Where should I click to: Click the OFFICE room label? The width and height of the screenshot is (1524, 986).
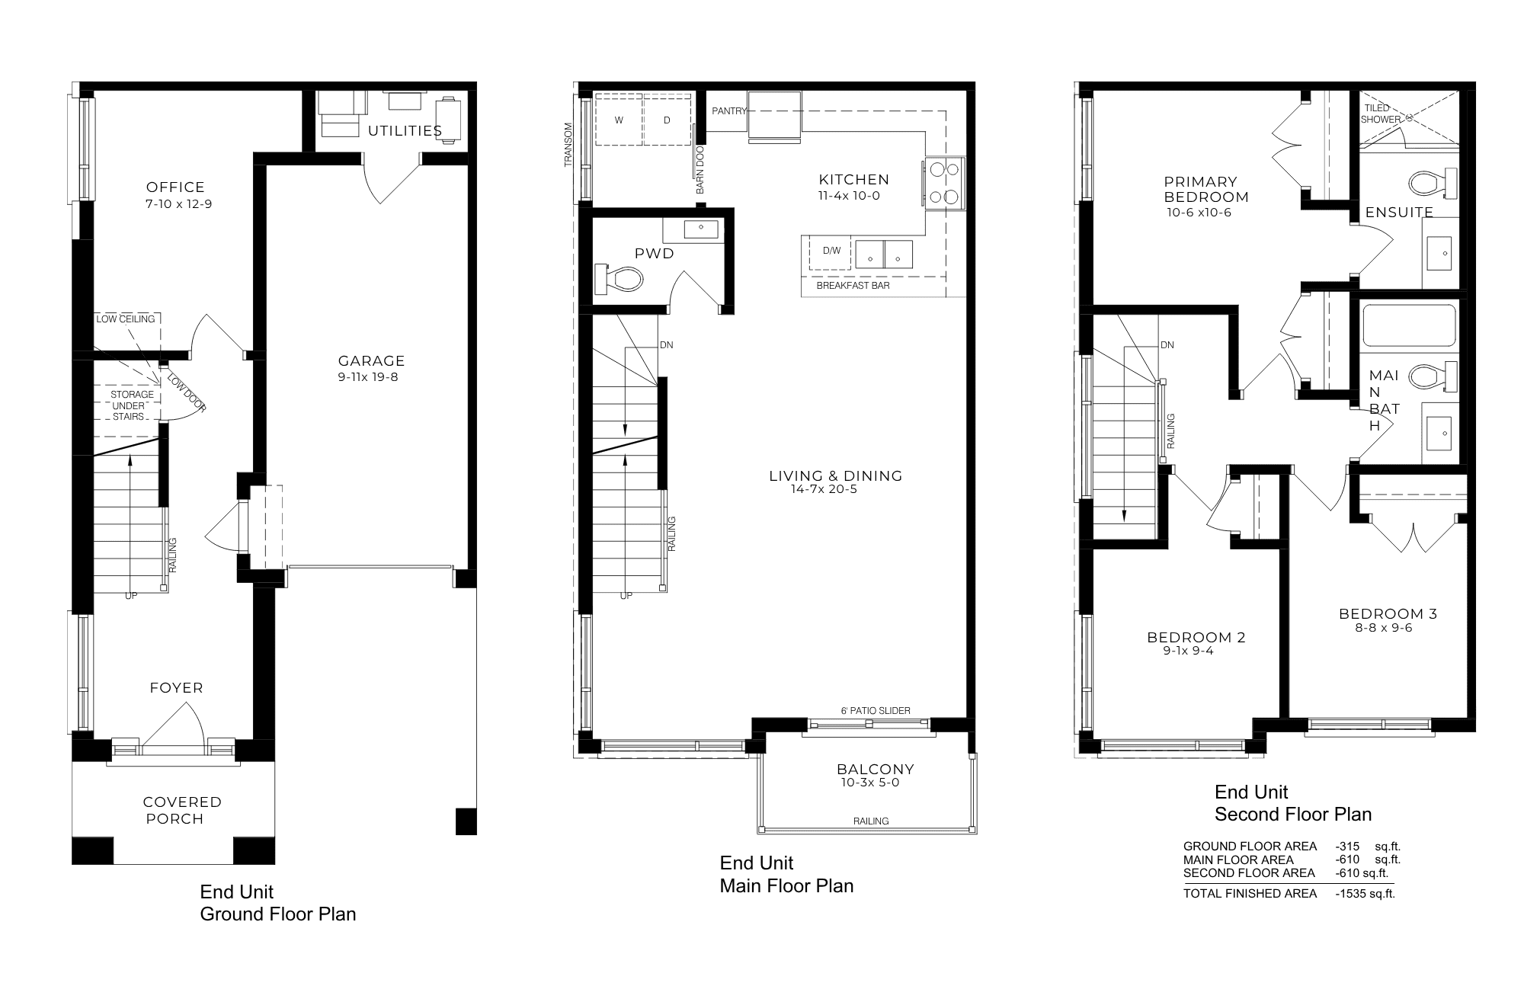pyautogui.click(x=175, y=187)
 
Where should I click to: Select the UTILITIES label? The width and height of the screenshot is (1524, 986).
pyautogui.click(x=405, y=130)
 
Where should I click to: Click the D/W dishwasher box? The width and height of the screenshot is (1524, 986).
pyautogui.click(x=830, y=251)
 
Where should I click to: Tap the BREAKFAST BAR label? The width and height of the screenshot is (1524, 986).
pyautogui.click(x=853, y=286)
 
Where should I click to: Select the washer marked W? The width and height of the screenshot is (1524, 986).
pyautogui.click(x=619, y=120)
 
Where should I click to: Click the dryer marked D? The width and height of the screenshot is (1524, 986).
pyautogui.click(x=667, y=120)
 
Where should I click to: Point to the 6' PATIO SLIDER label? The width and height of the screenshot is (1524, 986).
pyautogui.click(x=876, y=711)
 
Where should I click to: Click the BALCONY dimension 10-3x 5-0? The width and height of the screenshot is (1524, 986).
pyautogui.click(x=870, y=783)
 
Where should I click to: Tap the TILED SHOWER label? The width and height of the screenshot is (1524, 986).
pyautogui.click(x=1381, y=114)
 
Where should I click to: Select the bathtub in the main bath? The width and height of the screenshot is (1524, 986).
pyautogui.click(x=1409, y=326)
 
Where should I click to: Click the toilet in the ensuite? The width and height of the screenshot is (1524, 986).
pyautogui.click(x=1433, y=183)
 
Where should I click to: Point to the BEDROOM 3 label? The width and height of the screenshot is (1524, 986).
pyautogui.click(x=1388, y=613)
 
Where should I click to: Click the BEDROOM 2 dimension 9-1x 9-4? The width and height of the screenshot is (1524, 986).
pyautogui.click(x=1188, y=651)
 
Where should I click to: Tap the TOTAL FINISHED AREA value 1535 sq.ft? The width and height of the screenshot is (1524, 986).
pyautogui.click(x=1365, y=894)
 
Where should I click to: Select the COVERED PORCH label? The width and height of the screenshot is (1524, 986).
pyautogui.click(x=182, y=810)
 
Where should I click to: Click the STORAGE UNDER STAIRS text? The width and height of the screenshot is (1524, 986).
pyautogui.click(x=132, y=405)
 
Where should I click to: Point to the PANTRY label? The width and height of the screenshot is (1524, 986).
pyautogui.click(x=729, y=111)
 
